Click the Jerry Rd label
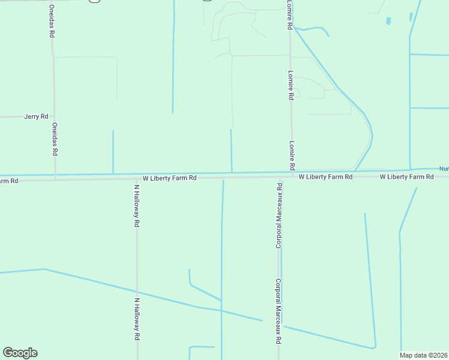36,116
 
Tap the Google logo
20,353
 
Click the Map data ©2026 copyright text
423,355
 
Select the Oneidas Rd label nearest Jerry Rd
55,139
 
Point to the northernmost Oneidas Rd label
52,22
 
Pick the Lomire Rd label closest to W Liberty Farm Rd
292,155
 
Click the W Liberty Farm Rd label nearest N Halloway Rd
170,178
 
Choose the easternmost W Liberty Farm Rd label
407,177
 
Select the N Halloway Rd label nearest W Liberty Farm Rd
137,205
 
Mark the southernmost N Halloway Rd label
137,320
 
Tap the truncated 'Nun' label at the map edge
444,169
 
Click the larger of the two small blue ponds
389,21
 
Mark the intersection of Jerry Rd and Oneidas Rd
54,116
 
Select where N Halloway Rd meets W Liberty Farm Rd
137,178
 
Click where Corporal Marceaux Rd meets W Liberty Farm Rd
279,178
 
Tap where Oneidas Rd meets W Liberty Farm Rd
55,179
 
